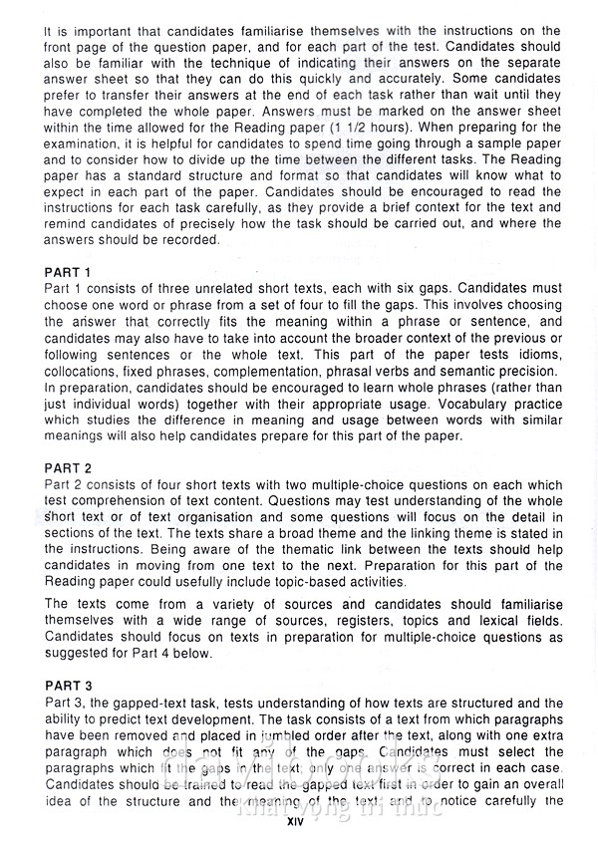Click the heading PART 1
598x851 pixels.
click(x=68, y=271)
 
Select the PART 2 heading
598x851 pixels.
click(x=68, y=467)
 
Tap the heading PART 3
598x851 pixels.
click(x=68, y=686)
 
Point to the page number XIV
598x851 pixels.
click(x=295, y=823)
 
